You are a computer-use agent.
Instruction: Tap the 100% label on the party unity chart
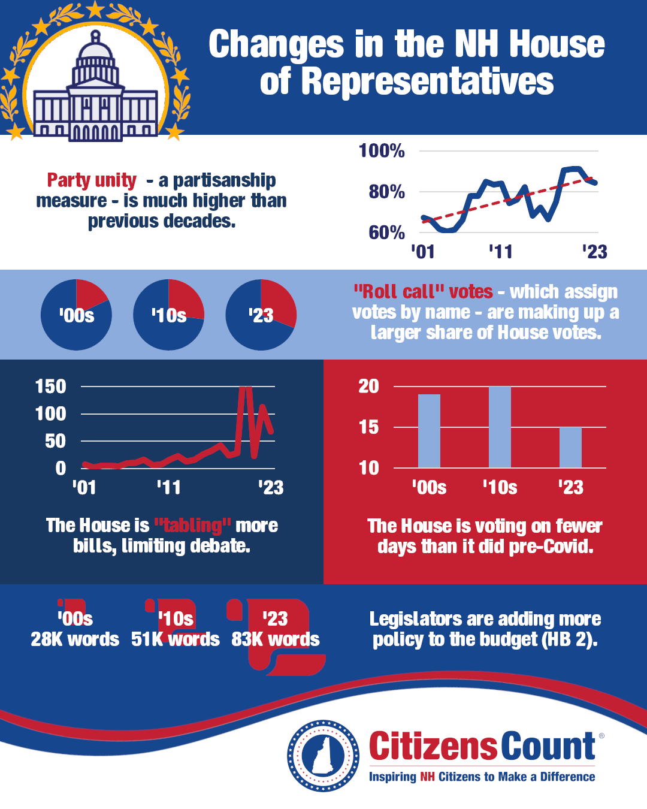tap(382, 150)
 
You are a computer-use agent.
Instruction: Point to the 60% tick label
tap(386, 233)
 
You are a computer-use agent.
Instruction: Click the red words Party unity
tap(92, 180)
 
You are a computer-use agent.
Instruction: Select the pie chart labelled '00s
tap(76, 315)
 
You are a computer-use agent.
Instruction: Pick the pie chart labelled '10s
tap(168, 315)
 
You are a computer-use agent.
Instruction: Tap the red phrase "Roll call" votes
tap(423, 292)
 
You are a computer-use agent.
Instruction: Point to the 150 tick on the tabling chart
tap(51, 387)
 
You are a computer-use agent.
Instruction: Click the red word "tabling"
tap(192, 526)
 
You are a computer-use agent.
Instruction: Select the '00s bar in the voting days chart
tap(429, 431)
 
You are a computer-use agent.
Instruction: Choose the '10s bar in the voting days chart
tap(500, 427)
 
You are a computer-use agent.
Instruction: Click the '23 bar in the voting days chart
tap(570, 447)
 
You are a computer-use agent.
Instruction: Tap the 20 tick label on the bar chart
tap(369, 386)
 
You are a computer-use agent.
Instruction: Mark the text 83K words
tap(276, 639)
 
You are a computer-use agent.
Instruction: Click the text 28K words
tap(75, 639)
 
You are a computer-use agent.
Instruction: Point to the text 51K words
tap(176, 639)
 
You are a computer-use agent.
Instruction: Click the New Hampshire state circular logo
tap(323, 756)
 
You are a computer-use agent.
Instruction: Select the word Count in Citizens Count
tap(548, 746)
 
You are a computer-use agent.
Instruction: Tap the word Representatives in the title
tap(428, 81)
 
